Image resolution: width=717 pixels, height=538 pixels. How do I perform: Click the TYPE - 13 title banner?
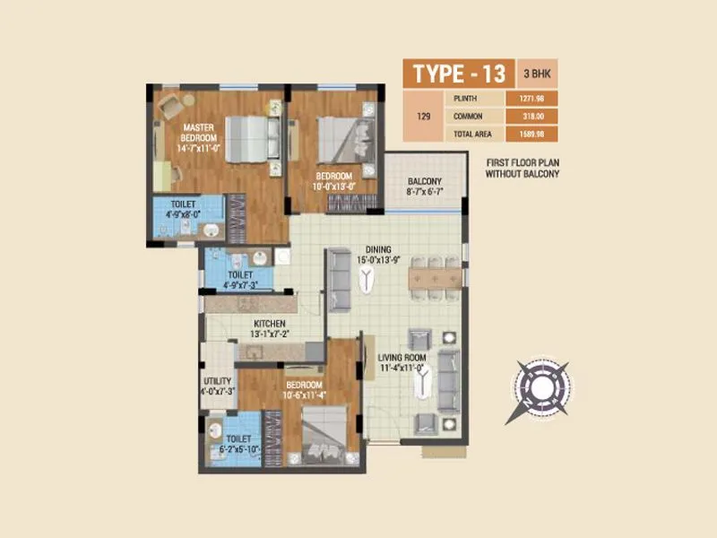point(458,73)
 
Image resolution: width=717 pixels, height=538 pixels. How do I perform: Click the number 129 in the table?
point(425,116)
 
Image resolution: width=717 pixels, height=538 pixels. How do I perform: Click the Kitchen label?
point(269,324)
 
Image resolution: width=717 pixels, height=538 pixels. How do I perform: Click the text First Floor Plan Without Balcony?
point(523,168)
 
